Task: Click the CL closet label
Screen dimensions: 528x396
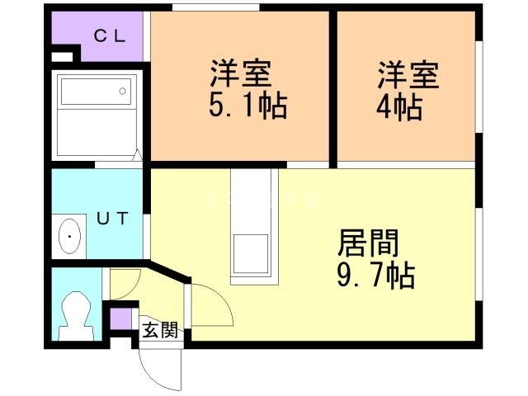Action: pyautogui.click(x=110, y=35)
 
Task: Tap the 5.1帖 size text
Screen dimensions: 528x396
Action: pyautogui.click(x=248, y=106)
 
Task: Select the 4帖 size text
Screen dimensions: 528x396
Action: pyautogui.click(x=399, y=107)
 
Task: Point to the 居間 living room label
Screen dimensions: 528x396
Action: pyautogui.click(x=368, y=243)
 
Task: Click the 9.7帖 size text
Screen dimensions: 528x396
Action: pyautogui.click(x=376, y=276)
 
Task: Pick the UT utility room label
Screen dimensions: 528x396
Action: pyautogui.click(x=112, y=218)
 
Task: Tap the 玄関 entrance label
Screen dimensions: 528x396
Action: pyautogui.click(x=160, y=330)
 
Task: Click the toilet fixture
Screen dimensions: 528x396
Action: pyautogui.click(x=77, y=316)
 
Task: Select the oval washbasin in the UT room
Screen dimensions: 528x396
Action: pyautogui.click(x=69, y=236)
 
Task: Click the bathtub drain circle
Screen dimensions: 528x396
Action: pyautogui.click(x=123, y=91)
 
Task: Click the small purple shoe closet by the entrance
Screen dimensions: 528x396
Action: pyautogui.click(x=121, y=318)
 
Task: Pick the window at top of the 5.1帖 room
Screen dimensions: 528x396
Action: pyautogui.click(x=216, y=7)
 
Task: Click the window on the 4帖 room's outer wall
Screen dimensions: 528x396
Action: pyautogui.click(x=478, y=87)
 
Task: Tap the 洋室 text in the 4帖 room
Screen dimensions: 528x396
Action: pyautogui.click(x=408, y=75)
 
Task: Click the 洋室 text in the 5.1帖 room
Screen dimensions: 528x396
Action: pyautogui.click(x=240, y=73)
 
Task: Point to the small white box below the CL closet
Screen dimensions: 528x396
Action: pyautogui.click(x=62, y=57)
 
